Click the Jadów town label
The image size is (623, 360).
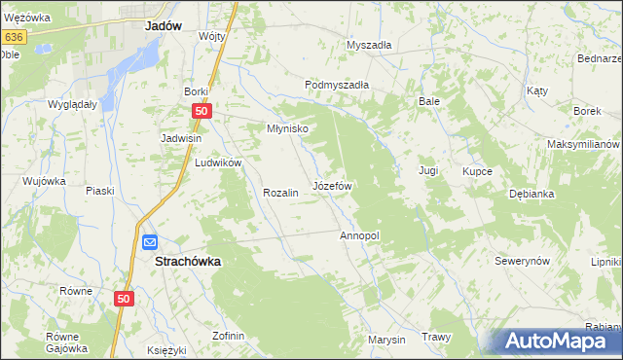pyautogui.click(x=164, y=27)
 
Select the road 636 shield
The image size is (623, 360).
pyautogui.click(x=13, y=37)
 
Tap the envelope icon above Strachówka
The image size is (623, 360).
pyautogui.click(x=150, y=242)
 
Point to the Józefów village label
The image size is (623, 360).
pyautogui.click(x=331, y=185)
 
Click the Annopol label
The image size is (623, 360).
pyautogui.click(x=358, y=235)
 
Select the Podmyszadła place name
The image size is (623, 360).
pyautogui.click(x=337, y=85)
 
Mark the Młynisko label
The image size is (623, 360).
pyautogui.click(x=288, y=128)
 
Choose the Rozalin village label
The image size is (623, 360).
pyautogui.click(x=279, y=193)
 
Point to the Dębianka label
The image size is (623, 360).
pyautogui.click(x=531, y=194)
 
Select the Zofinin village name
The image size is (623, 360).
pyautogui.click(x=228, y=336)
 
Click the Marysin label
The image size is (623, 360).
pyautogui.click(x=386, y=340)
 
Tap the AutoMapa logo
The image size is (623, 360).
pyautogui.click(x=556, y=341)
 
